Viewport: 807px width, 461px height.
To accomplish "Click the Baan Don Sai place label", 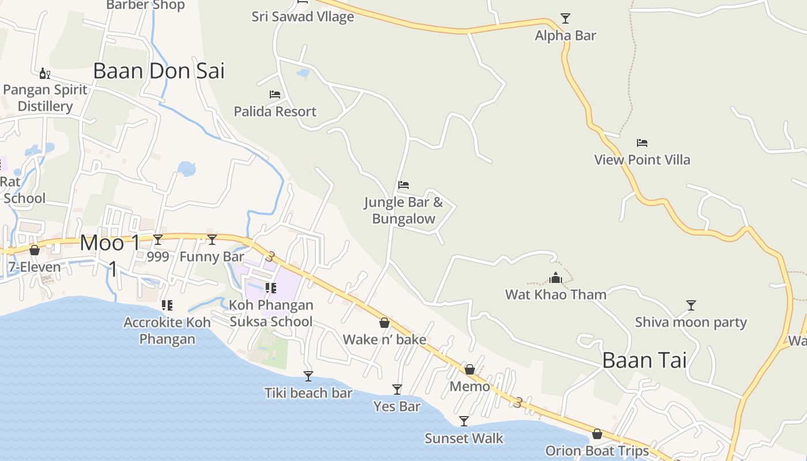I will pyautogui.click(x=159, y=71).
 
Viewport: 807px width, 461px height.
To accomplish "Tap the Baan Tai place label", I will pyautogui.click(x=644, y=360).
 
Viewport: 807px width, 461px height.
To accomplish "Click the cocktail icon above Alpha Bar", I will pyautogui.click(x=565, y=18).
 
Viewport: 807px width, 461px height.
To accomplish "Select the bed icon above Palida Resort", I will pyautogui.click(x=275, y=94).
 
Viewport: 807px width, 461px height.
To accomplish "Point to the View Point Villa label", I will pyautogui.click(x=642, y=160).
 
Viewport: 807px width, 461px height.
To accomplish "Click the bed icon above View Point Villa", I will pyautogui.click(x=642, y=142).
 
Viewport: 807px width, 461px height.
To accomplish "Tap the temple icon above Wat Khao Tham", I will pyautogui.click(x=556, y=278).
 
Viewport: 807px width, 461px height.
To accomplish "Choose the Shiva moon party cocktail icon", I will pyautogui.click(x=691, y=305).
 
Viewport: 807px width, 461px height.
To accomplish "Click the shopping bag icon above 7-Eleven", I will pyautogui.click(x=35, y=250).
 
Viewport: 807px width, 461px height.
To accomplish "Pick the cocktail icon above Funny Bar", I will pyautogui.click(x=212, y=240).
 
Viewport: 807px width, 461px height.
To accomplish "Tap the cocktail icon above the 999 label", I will pyautogui.click(x=158, y=240).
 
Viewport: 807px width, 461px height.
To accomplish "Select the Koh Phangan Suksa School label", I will pyautogui.click(x=271, y=313).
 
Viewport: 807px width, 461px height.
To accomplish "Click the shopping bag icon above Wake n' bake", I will pyautogui.click(x=384, y=323).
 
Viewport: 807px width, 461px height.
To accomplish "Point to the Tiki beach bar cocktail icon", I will pyautogui.click(x=308, y=376).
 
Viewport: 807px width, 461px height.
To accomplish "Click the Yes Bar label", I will pyautogui.click(x=397, y=406).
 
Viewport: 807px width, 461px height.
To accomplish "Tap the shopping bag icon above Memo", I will pyautogui.click(x=470, y=369).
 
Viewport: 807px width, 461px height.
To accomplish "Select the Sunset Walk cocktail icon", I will pyautogui.click(x=464, y=421).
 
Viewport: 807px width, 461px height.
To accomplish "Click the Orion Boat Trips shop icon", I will pyautogui.click(x=597, y=434).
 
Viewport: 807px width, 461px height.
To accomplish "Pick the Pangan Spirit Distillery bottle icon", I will pyautogui.click(x=44, y=73).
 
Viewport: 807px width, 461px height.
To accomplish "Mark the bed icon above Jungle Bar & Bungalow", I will pyautogui.click(x=403, y=185).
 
